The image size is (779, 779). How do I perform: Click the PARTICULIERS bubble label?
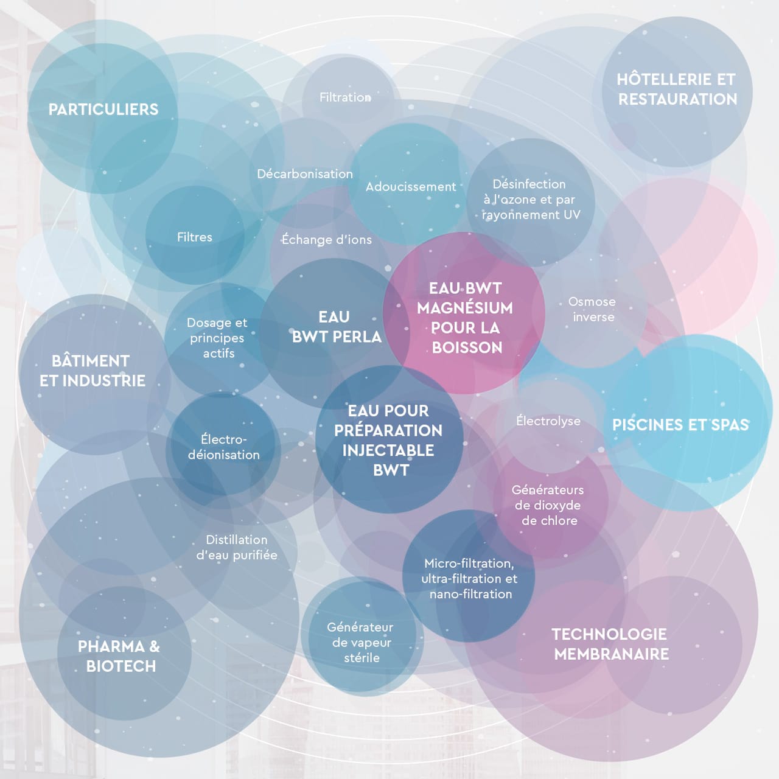click(x=103, y=110)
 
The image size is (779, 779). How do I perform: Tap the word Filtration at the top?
click(x=345, y=97)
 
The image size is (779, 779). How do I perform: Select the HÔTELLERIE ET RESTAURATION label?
click(x=677, y=89)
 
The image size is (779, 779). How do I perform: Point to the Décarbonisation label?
click(x=304, y=174)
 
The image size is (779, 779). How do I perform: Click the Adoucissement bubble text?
click(x=410, y=187)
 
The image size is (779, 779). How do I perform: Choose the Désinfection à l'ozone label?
click(x=530, y=199)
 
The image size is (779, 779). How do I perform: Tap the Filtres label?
click(x=195, y=237)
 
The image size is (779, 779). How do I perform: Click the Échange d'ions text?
click(x=326, y=240)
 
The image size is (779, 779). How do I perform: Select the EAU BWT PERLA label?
click(x=336, y=327)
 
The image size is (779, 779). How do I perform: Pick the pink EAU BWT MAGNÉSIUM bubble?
click(x=465, y=318)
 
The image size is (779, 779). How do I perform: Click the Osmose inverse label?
click(x=592, y=309)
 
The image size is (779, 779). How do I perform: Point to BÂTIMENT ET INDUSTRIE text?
click(x=92, y=371)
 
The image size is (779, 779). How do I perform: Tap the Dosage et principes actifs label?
click(x=217, y=338)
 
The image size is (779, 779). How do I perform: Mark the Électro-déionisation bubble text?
click(x=223, y=447)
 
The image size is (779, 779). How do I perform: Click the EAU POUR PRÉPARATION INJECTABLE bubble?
click(x=389, y=440)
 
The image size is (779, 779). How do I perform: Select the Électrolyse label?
click(x=548, y=421)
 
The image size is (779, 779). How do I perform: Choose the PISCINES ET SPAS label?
click(x=680, y=425)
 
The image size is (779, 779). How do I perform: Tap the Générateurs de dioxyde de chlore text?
click(x=548, y=505)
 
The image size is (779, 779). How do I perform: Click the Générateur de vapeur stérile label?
click(x=360, y=642)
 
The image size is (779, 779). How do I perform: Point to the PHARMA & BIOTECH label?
click(x=119, y=656)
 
